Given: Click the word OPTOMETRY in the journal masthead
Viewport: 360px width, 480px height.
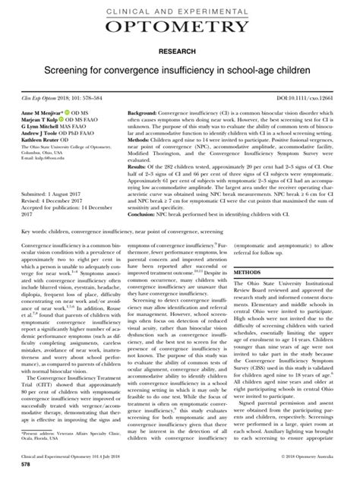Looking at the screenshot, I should coord(179,28).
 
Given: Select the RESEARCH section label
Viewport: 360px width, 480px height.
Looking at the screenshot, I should coord(179,55).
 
